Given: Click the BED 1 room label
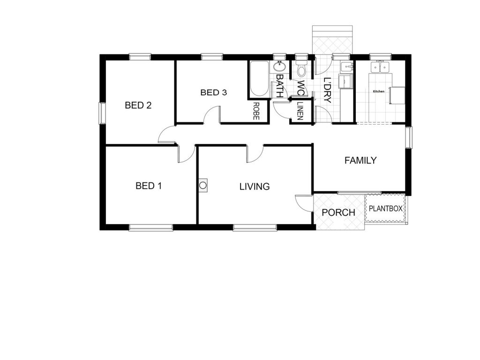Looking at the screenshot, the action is pyautogui.click(x=149, y=186).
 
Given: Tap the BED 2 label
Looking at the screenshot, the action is pyautogui.click(x=138, y=105).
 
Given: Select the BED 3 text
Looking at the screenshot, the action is pyautogui.click(x=214, y=92).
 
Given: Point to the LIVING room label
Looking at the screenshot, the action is pyautogui.click(x=255, y=187).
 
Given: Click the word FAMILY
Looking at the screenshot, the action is pyautogui.click(x=360, y=160).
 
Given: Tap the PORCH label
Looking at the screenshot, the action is pyautogui.click(x=338, y=212).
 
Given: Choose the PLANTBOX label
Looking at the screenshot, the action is pyautogui.click(x=385, y=209).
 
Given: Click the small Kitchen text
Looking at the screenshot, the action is pyautogui.click(x=378, y=91).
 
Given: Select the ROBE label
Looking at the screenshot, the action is pyautogui.click(x=256, y=111).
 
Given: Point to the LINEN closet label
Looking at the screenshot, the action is pyautogui.click(x=300, y=111).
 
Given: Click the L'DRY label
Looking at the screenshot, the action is pyautogui.click(x=327, y=90).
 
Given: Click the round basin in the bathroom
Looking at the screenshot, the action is pyautogui.click(x=279, y=66).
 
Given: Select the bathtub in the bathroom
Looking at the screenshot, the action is pyautogui.click(x=259, y=79).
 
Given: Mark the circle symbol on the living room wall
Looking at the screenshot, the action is pyautogui.click(x=202, y=186).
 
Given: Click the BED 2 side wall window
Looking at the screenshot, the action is pyautogui.click(x=102, y=113).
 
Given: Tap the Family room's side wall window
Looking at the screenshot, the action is pyautogui.click(x=409, y=137).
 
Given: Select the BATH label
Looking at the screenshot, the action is pyautogui.click(x=279, y=86).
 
